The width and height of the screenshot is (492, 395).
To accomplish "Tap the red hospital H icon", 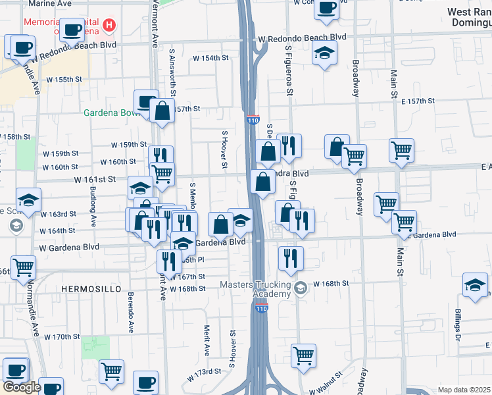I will point(109,26).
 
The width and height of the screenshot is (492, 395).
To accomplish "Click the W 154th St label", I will point(210,58).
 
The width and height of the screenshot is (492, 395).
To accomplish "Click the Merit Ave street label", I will point(206,339).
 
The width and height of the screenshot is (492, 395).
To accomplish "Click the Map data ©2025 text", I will point(464,390).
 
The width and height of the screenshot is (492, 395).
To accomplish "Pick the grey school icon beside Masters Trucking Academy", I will point(300,288).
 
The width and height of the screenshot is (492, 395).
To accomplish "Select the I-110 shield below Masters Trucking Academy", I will point(261,307).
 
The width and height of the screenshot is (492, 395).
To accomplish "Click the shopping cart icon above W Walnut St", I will point(303,355).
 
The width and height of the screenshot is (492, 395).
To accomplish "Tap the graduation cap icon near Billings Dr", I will point(475,284).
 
